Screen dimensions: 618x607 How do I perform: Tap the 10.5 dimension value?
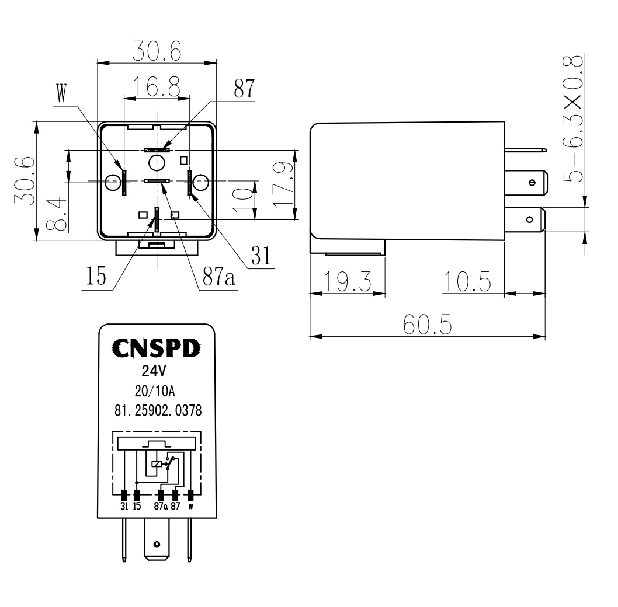click(466, 282)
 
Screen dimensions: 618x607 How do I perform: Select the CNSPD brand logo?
click(155, 348)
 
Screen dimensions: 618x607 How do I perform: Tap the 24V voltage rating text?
click(155, 371)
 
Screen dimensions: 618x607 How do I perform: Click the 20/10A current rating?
click(155, 391)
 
